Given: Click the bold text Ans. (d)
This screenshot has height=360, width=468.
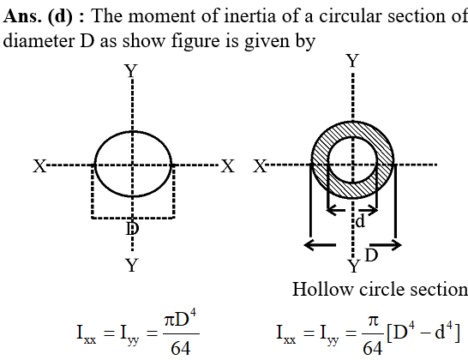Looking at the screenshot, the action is click(39, 16).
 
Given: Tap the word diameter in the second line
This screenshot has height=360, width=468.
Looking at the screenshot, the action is click(39, 41).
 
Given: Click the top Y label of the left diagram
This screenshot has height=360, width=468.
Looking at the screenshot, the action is click(131, 71).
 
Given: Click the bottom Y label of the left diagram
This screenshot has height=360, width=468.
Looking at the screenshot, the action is click(132, 265).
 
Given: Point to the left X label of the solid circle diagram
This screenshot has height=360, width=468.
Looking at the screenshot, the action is click(39, 166).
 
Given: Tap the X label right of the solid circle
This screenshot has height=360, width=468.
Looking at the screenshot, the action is click(228, 166).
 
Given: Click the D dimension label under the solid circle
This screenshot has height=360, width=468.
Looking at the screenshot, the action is click(133, 229).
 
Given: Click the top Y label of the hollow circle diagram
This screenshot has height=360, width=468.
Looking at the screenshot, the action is click(353, 61).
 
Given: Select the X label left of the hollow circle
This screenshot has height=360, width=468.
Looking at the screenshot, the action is click(260, 166).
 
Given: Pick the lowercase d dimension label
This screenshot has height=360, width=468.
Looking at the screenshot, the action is click(361, 221).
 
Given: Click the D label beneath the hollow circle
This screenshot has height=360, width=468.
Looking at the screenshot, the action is click(372, 255).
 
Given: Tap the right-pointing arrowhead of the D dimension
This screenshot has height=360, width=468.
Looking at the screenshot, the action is click(395, 245).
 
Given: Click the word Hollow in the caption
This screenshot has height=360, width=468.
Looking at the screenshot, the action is click(322, 289).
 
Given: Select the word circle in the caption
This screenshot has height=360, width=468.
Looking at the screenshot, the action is click(381, 289).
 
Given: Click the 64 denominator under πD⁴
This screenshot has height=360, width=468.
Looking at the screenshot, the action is click(181, 348).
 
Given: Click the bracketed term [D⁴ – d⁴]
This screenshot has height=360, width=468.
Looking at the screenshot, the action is click(423, 333).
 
